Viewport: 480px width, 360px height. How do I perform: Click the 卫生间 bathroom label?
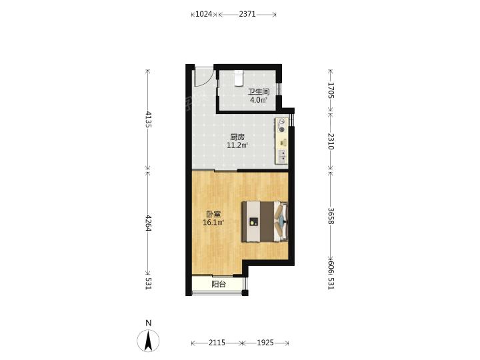tap(259, 91)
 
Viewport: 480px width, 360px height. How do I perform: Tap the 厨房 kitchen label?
tap(237, 137)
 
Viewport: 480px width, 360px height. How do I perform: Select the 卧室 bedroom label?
tap(213, 214)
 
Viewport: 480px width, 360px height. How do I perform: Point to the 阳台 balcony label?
tap(219, 285)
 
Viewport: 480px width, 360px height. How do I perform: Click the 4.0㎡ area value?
tap(259, 100)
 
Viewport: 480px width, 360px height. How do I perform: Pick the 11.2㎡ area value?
tap(237, 145)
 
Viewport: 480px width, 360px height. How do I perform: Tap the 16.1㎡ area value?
tap(213, 223)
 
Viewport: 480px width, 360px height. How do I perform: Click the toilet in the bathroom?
tap(239, 78)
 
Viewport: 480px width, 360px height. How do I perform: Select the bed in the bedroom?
tap(265, 221)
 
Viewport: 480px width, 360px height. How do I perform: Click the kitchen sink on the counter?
tap(282, 157)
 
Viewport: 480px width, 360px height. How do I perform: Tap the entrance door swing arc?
tap(203, 77)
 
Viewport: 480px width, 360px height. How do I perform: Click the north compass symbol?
tap(149, 341)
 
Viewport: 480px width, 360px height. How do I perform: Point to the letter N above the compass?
tap(149, 323)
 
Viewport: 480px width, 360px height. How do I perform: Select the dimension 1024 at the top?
tap(204, 14)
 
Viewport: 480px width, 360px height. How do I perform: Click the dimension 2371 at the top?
tap(247, 14)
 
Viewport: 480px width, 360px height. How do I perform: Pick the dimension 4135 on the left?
tap(149, 119)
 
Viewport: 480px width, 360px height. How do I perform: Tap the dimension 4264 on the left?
tap(149, 223)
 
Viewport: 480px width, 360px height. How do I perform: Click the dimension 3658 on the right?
tap(331, 216)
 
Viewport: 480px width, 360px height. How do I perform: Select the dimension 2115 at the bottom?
tap(217, 343)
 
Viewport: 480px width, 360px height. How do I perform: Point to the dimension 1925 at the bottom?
tap(265, 343)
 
